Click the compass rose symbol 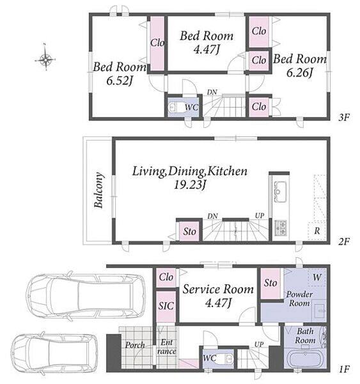[x=45, y=58]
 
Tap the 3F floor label [x=344, y=118]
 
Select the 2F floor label [x=344, y=241]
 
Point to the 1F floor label [x=345, y=369]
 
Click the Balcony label [x=98, y=190]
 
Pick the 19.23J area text [x=189, y=185]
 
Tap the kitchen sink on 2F [x=280, y=192]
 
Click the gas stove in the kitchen [x=281, y=228]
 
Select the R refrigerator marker [x=317, y=230]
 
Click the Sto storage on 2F [x=189, y=232]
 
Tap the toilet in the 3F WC [x=175, y=107]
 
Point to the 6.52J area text [x=120, y=81]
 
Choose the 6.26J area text [x=299, y=72]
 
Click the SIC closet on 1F [x=166, y=307]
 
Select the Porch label [x=135, y=346]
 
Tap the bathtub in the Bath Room [x=305, y=359]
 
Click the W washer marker [x=317, y=278]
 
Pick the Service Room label [x=218, y=289]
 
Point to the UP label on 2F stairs [x=260, y=216]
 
